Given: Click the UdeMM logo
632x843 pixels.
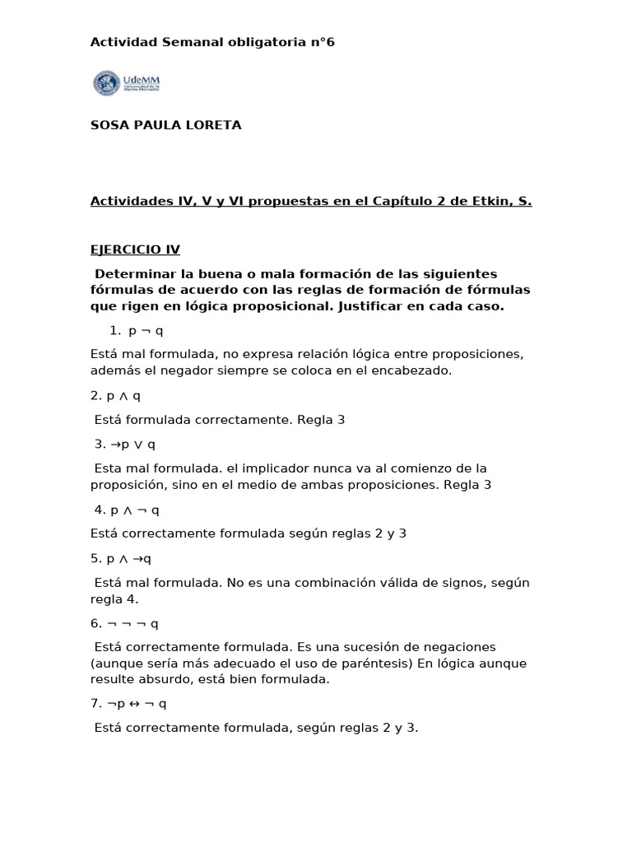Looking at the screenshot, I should click(127, 84).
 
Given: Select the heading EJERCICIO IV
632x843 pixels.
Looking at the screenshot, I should click(135, 249).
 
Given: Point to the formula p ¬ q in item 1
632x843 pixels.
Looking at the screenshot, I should click(146, 330).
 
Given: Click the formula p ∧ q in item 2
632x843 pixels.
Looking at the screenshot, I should click(123, 395).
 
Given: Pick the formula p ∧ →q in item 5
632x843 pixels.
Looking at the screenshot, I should click(130, 558).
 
